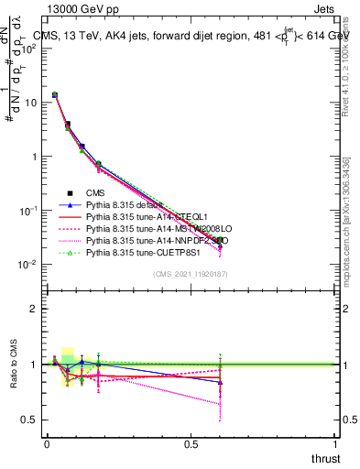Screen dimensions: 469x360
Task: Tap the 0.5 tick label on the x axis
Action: coord(191,444)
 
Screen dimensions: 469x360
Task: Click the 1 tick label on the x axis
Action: coord(335,444)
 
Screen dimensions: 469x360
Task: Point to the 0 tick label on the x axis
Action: coord(47,444)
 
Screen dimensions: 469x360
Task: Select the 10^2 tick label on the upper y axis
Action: coord(27,49)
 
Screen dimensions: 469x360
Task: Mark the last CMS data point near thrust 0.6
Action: coord(220,240)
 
